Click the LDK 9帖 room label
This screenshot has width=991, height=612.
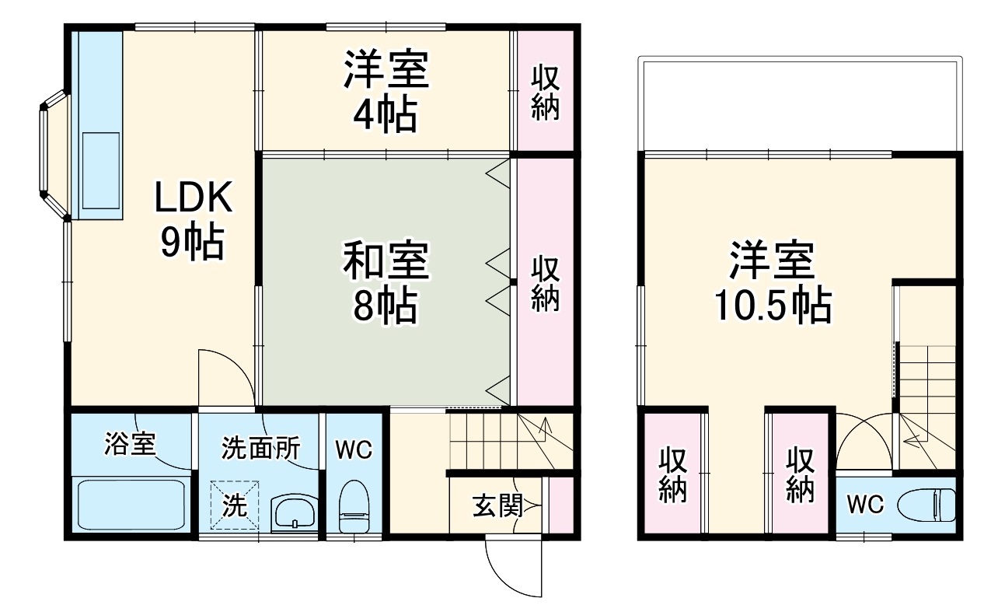coord(192,222)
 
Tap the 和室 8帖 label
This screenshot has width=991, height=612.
coord(386,282)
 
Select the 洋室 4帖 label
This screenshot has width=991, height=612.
coord(386,92)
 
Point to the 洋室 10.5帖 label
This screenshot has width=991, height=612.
coord(772,282)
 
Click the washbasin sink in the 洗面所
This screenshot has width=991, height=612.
coord(293,513)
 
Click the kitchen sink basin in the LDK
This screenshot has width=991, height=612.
coord(101,170)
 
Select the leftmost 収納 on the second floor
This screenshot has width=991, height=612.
coord(672,475)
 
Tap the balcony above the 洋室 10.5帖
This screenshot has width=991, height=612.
coord(799,103)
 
